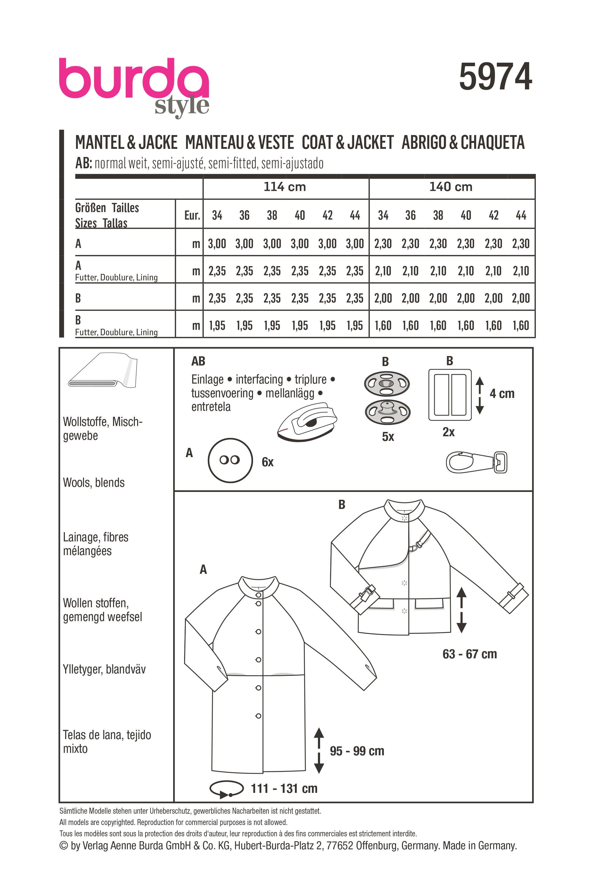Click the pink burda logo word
tap(134, 80)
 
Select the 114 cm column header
tap(285, 187)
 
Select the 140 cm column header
tap(451, 187)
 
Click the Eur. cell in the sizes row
tap(192, 216)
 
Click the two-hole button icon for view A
tap(230, 460)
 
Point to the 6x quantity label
tap(268, 462)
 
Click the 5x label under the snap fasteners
tap(388, 437)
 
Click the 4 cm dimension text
tap(502, 394)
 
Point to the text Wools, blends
tap(94, 482)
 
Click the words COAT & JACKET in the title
tap(347, 143)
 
